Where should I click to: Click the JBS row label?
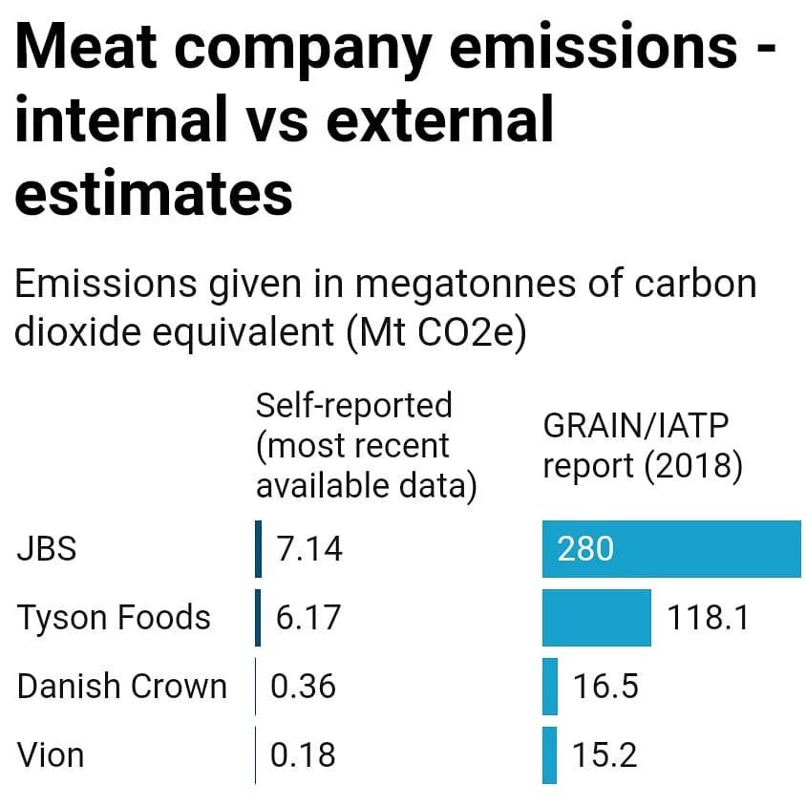tap(47, 549)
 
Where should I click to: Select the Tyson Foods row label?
tap(114, 618)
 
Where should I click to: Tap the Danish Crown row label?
tap(122, 687)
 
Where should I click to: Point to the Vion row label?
tap(51, 755)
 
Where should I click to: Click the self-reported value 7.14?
tap(308, 549)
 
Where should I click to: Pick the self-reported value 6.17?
tap(308, 618)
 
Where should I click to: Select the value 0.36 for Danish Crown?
tap(303, 687)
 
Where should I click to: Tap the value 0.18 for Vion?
tap(303, 755)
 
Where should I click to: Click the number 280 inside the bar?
tap(585, 549)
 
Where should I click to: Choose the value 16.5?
tap(605, 687)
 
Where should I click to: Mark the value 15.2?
tap(604, 755)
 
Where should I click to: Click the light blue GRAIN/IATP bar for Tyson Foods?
tap(596, 618)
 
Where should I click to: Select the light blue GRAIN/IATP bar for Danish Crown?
tap(549, 687)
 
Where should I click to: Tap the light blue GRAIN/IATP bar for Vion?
tap(549, 755)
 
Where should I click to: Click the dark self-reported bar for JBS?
tap(258, 549)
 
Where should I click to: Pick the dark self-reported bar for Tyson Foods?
tap(258, 618)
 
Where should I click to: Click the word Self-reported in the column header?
tap(353, 405)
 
